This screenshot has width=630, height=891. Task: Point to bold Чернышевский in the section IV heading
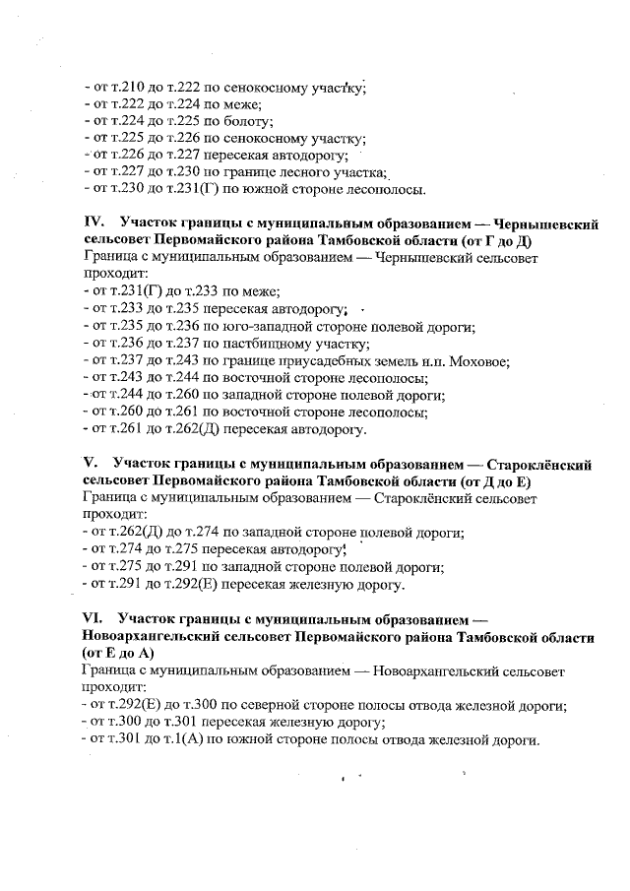tap(546, 223)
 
